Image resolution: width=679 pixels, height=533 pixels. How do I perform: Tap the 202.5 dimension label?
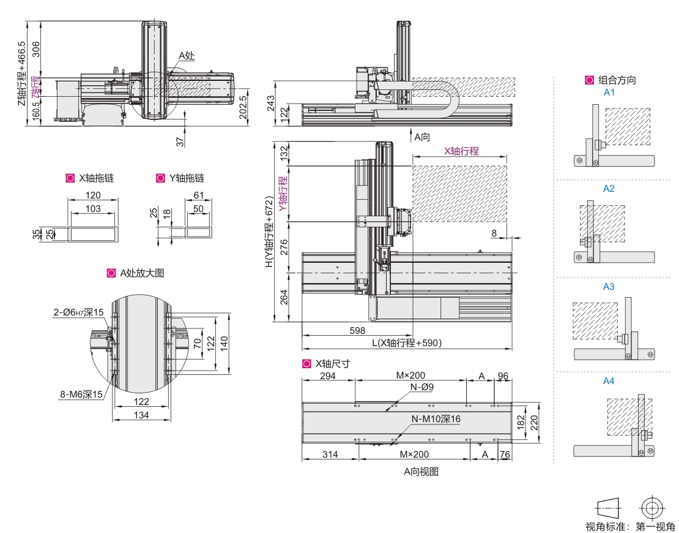[243, 107]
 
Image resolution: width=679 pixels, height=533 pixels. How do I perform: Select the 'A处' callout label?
[186, 56]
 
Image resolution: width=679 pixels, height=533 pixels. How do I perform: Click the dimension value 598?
[358, 330]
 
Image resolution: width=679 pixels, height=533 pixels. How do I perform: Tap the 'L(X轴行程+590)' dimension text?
[407, 342]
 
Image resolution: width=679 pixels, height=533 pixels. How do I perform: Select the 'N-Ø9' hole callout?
[422, 387]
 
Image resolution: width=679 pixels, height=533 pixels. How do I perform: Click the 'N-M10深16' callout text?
[435, 419]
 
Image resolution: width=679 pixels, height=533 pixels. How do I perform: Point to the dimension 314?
[330, 454]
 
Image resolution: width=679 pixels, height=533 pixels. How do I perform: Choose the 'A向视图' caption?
[421, 472]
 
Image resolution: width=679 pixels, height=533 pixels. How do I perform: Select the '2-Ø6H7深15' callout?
[78, 312]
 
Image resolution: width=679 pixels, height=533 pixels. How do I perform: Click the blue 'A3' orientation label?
[609, 287]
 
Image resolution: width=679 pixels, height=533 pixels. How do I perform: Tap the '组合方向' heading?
[617, 80]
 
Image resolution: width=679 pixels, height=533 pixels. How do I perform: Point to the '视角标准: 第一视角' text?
[631, 526]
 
